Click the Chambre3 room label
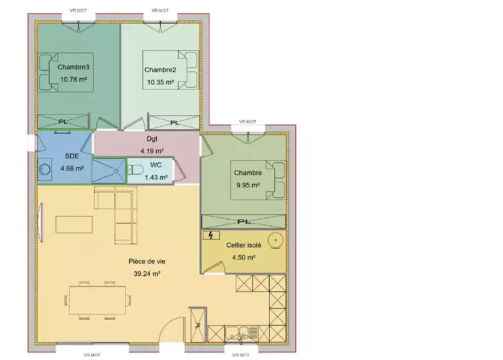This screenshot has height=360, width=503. pyautogui.click(x=73, y=67)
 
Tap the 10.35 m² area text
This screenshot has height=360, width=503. pyautogui.click(x=160, y=82)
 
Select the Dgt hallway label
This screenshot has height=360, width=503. pyautogui.click(x=152, y=139)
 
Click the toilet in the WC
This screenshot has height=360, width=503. pyautogui.click(x=136, y=170)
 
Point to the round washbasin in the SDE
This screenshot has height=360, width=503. pyautogui.click(x=45, y=169)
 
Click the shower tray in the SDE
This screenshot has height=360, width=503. pyautogui.click(x=108, y=171)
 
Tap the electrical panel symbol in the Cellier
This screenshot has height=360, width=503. pyautogui.click(x=211, y=236)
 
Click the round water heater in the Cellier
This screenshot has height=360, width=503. pyautogui.click(x=275, y=240)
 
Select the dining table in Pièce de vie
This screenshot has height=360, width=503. pyautogui.click(x=97, y=300)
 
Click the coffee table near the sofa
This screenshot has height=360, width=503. pyautogui.click(x=74, y=224)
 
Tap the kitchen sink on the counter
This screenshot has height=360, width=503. pyautogui.click(x=237, y=333)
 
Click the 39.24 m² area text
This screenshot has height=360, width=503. pyautogui.click(x=147, y=274)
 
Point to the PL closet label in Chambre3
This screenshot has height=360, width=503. pyautogui.click(x=63, y=122)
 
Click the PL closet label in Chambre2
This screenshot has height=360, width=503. pyautogui.click(x=174, y=123)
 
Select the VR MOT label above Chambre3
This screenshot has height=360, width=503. pyautogui.click(x=78, y=11)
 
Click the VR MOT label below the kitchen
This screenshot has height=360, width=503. pyautogui.click(x=241, y=355)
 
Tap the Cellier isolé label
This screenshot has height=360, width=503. pyautogui.click(x=243, y=245)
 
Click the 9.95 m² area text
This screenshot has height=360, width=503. pyautogui.click(x=248, y=185)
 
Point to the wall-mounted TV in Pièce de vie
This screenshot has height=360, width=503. pyautogui.click(x=40, y=222)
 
